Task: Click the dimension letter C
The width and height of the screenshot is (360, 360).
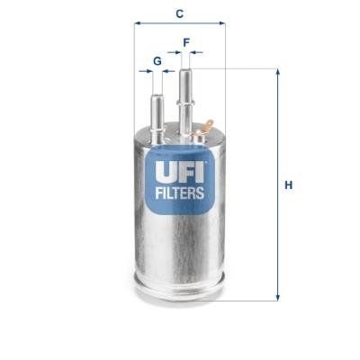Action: click(179, 13)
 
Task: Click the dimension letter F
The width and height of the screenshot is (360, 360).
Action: click(186, 42)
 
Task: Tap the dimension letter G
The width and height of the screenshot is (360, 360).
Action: click(157, 61)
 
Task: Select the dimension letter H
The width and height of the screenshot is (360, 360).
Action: click(288, 185)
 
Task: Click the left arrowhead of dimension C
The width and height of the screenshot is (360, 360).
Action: click(138, 23)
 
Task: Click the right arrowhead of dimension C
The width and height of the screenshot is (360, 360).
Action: click(222, 23)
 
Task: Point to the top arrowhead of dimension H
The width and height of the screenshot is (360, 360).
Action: click(278, 72)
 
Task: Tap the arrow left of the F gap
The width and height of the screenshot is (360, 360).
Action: click(175, 52)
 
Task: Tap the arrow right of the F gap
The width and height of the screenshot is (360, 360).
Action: click(196, 52)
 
